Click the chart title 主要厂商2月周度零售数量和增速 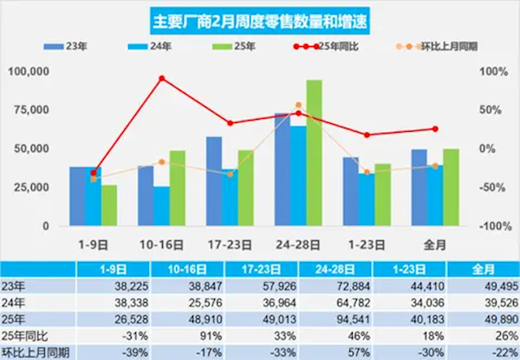pos(259,17)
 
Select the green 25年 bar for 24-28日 pos(314,152)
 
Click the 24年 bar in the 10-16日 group pos(161,206)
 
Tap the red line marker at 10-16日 pos(161,78)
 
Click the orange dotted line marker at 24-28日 pos(298,105)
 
